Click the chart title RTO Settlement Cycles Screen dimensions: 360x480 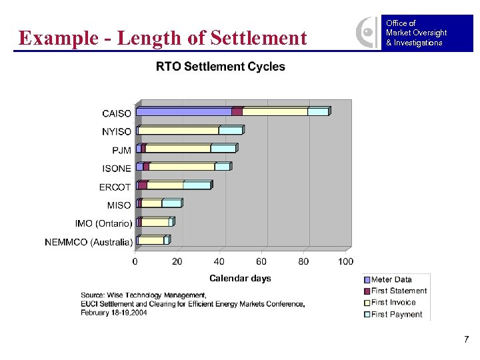click(220, 67)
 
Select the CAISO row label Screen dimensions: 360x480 click(117, 113)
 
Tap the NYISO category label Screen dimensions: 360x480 click(117, 132)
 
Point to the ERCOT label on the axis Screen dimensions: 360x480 click(115, 187)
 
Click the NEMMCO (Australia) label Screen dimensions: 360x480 click(89, 242)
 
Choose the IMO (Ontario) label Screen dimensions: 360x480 click(103, 223)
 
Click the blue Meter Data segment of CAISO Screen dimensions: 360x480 click(184, 111)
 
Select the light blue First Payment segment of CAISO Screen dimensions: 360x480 click(317, 111)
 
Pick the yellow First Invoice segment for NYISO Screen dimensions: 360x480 click(179, 130)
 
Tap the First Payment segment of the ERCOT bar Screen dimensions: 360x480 click(197, 185)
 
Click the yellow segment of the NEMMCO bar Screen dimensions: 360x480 click(151, 240)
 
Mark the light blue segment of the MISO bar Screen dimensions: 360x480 click(171, 203)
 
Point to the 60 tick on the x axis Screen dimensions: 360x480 click(261, 261)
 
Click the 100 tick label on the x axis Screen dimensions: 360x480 click(345, 261)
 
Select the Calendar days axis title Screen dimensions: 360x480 click(240, 278)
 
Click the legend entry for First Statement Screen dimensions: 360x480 click(399, 291)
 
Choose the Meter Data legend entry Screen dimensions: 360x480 click(391, 279)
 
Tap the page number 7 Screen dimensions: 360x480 click(466, 340)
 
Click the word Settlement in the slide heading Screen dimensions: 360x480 click(258, 38)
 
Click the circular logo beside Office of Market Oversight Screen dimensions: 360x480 click(366, 31)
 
